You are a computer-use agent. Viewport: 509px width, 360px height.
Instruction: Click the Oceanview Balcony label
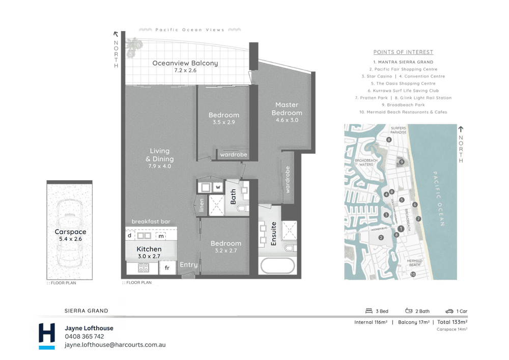click(185, 64)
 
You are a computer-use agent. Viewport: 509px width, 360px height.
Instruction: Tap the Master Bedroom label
click(287, 108)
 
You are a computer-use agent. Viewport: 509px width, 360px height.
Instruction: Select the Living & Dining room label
click(159, 155)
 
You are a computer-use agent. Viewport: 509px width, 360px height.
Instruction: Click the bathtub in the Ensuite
click(277, 266)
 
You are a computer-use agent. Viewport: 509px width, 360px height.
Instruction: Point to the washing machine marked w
click(218, 187)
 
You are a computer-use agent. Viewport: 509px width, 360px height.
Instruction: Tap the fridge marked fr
click(167, 267)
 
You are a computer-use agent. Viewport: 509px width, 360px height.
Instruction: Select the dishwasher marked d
click(130, 236)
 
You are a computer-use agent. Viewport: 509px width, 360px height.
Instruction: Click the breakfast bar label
click(151, 221)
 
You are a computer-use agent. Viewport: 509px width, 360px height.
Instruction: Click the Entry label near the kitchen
click(189, 264)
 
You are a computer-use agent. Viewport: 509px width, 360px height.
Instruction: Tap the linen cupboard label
click(202, 204)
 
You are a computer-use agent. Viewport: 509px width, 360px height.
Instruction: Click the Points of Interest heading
click(403, 52)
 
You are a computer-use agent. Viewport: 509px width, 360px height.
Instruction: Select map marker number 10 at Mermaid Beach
click(413, 274)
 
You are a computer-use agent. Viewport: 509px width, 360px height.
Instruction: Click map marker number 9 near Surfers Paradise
click(402, 162)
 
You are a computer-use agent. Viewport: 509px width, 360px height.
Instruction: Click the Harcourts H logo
click(47, 336)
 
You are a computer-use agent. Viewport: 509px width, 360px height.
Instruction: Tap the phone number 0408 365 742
click(84, 337)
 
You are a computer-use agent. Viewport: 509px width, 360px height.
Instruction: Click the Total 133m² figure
click(452, 322)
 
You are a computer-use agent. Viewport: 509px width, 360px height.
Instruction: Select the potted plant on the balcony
click(134, 47)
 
